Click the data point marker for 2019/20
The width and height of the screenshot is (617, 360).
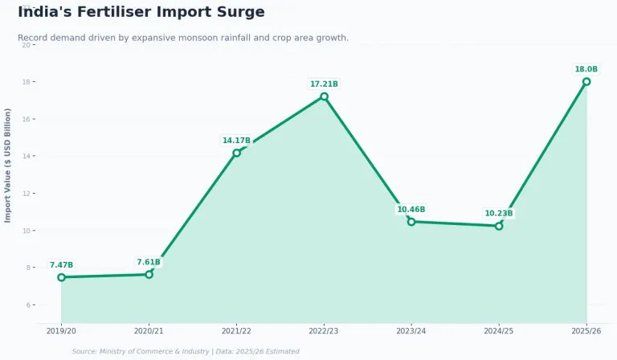[x=61, y=277]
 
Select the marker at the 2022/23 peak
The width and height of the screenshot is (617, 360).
[x=324, y=96]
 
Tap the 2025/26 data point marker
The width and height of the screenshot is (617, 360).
[x=586, y=81]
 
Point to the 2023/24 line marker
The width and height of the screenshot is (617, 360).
[x=411, y=221]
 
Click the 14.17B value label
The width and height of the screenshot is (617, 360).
[x=236, y=141]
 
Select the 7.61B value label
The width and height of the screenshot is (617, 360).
[x=149, y=262]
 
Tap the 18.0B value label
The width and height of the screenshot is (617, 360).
[x=586, y=70]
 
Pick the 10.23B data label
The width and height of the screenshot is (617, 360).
[x=499, y=214]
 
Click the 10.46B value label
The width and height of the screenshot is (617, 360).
[x=411, y=210]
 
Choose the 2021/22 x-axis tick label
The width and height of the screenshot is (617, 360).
[x=236, y=330]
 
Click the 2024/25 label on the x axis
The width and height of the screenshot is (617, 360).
[x=499, y=330]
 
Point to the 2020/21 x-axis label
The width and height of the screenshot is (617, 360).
[x=149, y=330]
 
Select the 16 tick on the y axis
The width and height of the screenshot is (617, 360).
[x=27, y=119]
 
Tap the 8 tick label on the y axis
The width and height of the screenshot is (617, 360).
[x=28, y=268]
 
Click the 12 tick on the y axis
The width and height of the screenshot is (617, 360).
[x=27, y=194]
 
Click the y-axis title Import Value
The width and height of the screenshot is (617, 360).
[x=8, y=165]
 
